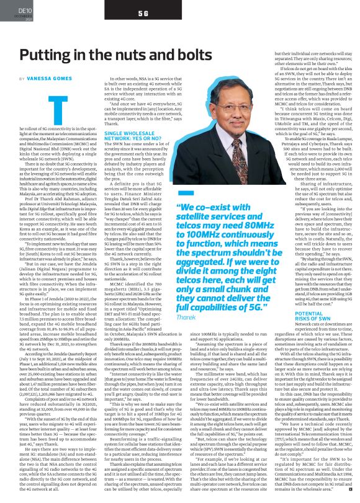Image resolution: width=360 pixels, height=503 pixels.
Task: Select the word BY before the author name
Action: point(22,79)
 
